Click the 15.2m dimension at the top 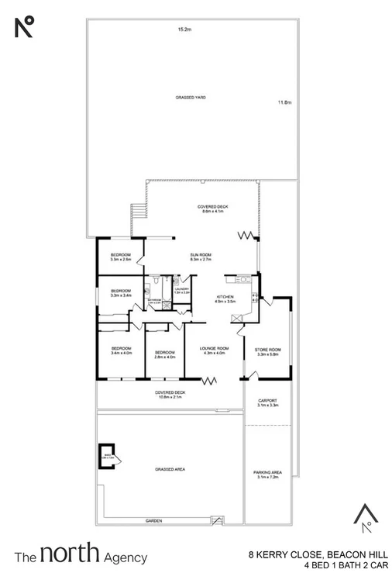[184, 29]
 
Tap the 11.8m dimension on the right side [285, 102]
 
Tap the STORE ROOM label [267, 350]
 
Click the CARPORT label [267, 402]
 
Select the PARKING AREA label [267, 474]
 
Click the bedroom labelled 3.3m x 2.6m [119, 257]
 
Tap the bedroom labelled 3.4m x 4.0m [121, 350]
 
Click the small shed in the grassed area [107, 455]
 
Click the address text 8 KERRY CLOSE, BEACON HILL [313, 554]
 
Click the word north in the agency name [69, 554]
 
